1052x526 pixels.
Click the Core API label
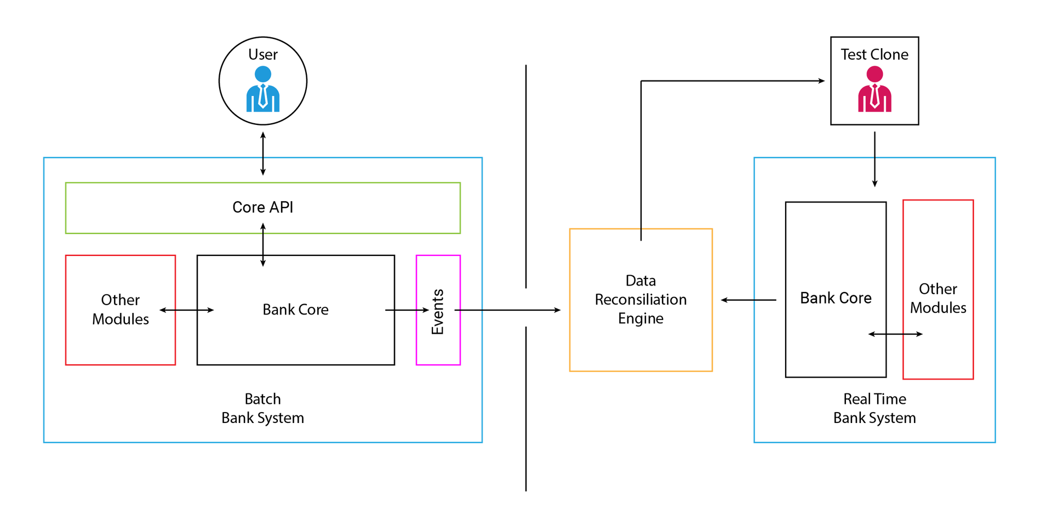263,207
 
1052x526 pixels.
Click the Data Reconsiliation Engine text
641,299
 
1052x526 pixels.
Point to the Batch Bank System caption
263,408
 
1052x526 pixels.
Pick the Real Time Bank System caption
874,408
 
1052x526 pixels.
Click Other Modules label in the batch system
121,310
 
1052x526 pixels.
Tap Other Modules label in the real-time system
938,298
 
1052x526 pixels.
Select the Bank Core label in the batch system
296,310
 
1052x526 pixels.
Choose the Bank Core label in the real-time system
836,298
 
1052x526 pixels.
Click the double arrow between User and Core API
263,153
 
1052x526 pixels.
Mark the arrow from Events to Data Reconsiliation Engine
507,310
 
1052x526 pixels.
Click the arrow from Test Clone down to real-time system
874,159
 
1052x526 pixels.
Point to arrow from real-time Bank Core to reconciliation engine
748,300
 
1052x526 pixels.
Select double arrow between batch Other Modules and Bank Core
187,310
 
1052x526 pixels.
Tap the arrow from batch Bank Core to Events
407,310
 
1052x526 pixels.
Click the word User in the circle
263,54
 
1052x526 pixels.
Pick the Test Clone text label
874,54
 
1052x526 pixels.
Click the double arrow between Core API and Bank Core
263,244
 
